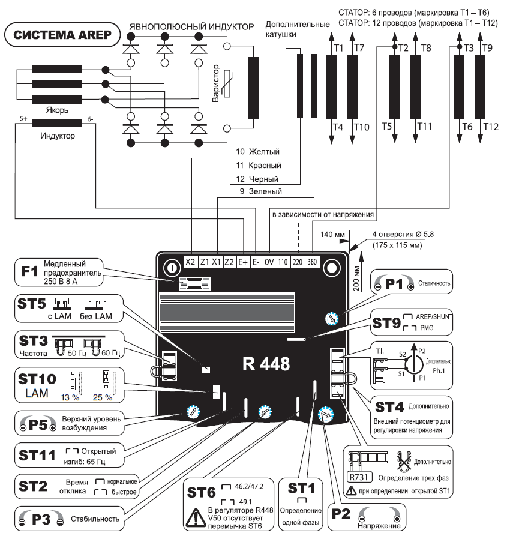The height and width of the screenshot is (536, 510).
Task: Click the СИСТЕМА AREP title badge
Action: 62,35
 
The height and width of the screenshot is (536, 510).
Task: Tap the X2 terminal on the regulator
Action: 190,262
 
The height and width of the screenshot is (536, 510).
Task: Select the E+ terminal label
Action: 243,262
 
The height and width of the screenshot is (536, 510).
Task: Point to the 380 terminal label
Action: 312,262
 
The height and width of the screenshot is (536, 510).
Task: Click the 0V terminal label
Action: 269,262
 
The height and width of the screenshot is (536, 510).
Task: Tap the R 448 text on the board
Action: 266,364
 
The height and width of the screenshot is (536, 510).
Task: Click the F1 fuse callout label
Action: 29,271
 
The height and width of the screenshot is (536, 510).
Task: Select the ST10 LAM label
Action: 37,385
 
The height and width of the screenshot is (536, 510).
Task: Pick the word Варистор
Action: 215,83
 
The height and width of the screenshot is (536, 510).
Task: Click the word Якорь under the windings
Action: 57,110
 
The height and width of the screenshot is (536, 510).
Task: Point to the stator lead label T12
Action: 491,127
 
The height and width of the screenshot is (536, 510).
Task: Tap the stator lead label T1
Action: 338,48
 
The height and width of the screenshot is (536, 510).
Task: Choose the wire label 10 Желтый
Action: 258,151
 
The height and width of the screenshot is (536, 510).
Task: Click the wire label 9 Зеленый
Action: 260,191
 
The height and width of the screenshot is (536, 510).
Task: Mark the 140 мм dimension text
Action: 332,235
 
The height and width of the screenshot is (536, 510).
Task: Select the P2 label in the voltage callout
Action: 341,514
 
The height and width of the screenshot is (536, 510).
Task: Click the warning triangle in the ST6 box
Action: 196,517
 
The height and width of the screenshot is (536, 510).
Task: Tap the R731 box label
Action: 359,477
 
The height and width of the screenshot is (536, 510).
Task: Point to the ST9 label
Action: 386,323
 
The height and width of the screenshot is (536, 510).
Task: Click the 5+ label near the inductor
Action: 23,119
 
